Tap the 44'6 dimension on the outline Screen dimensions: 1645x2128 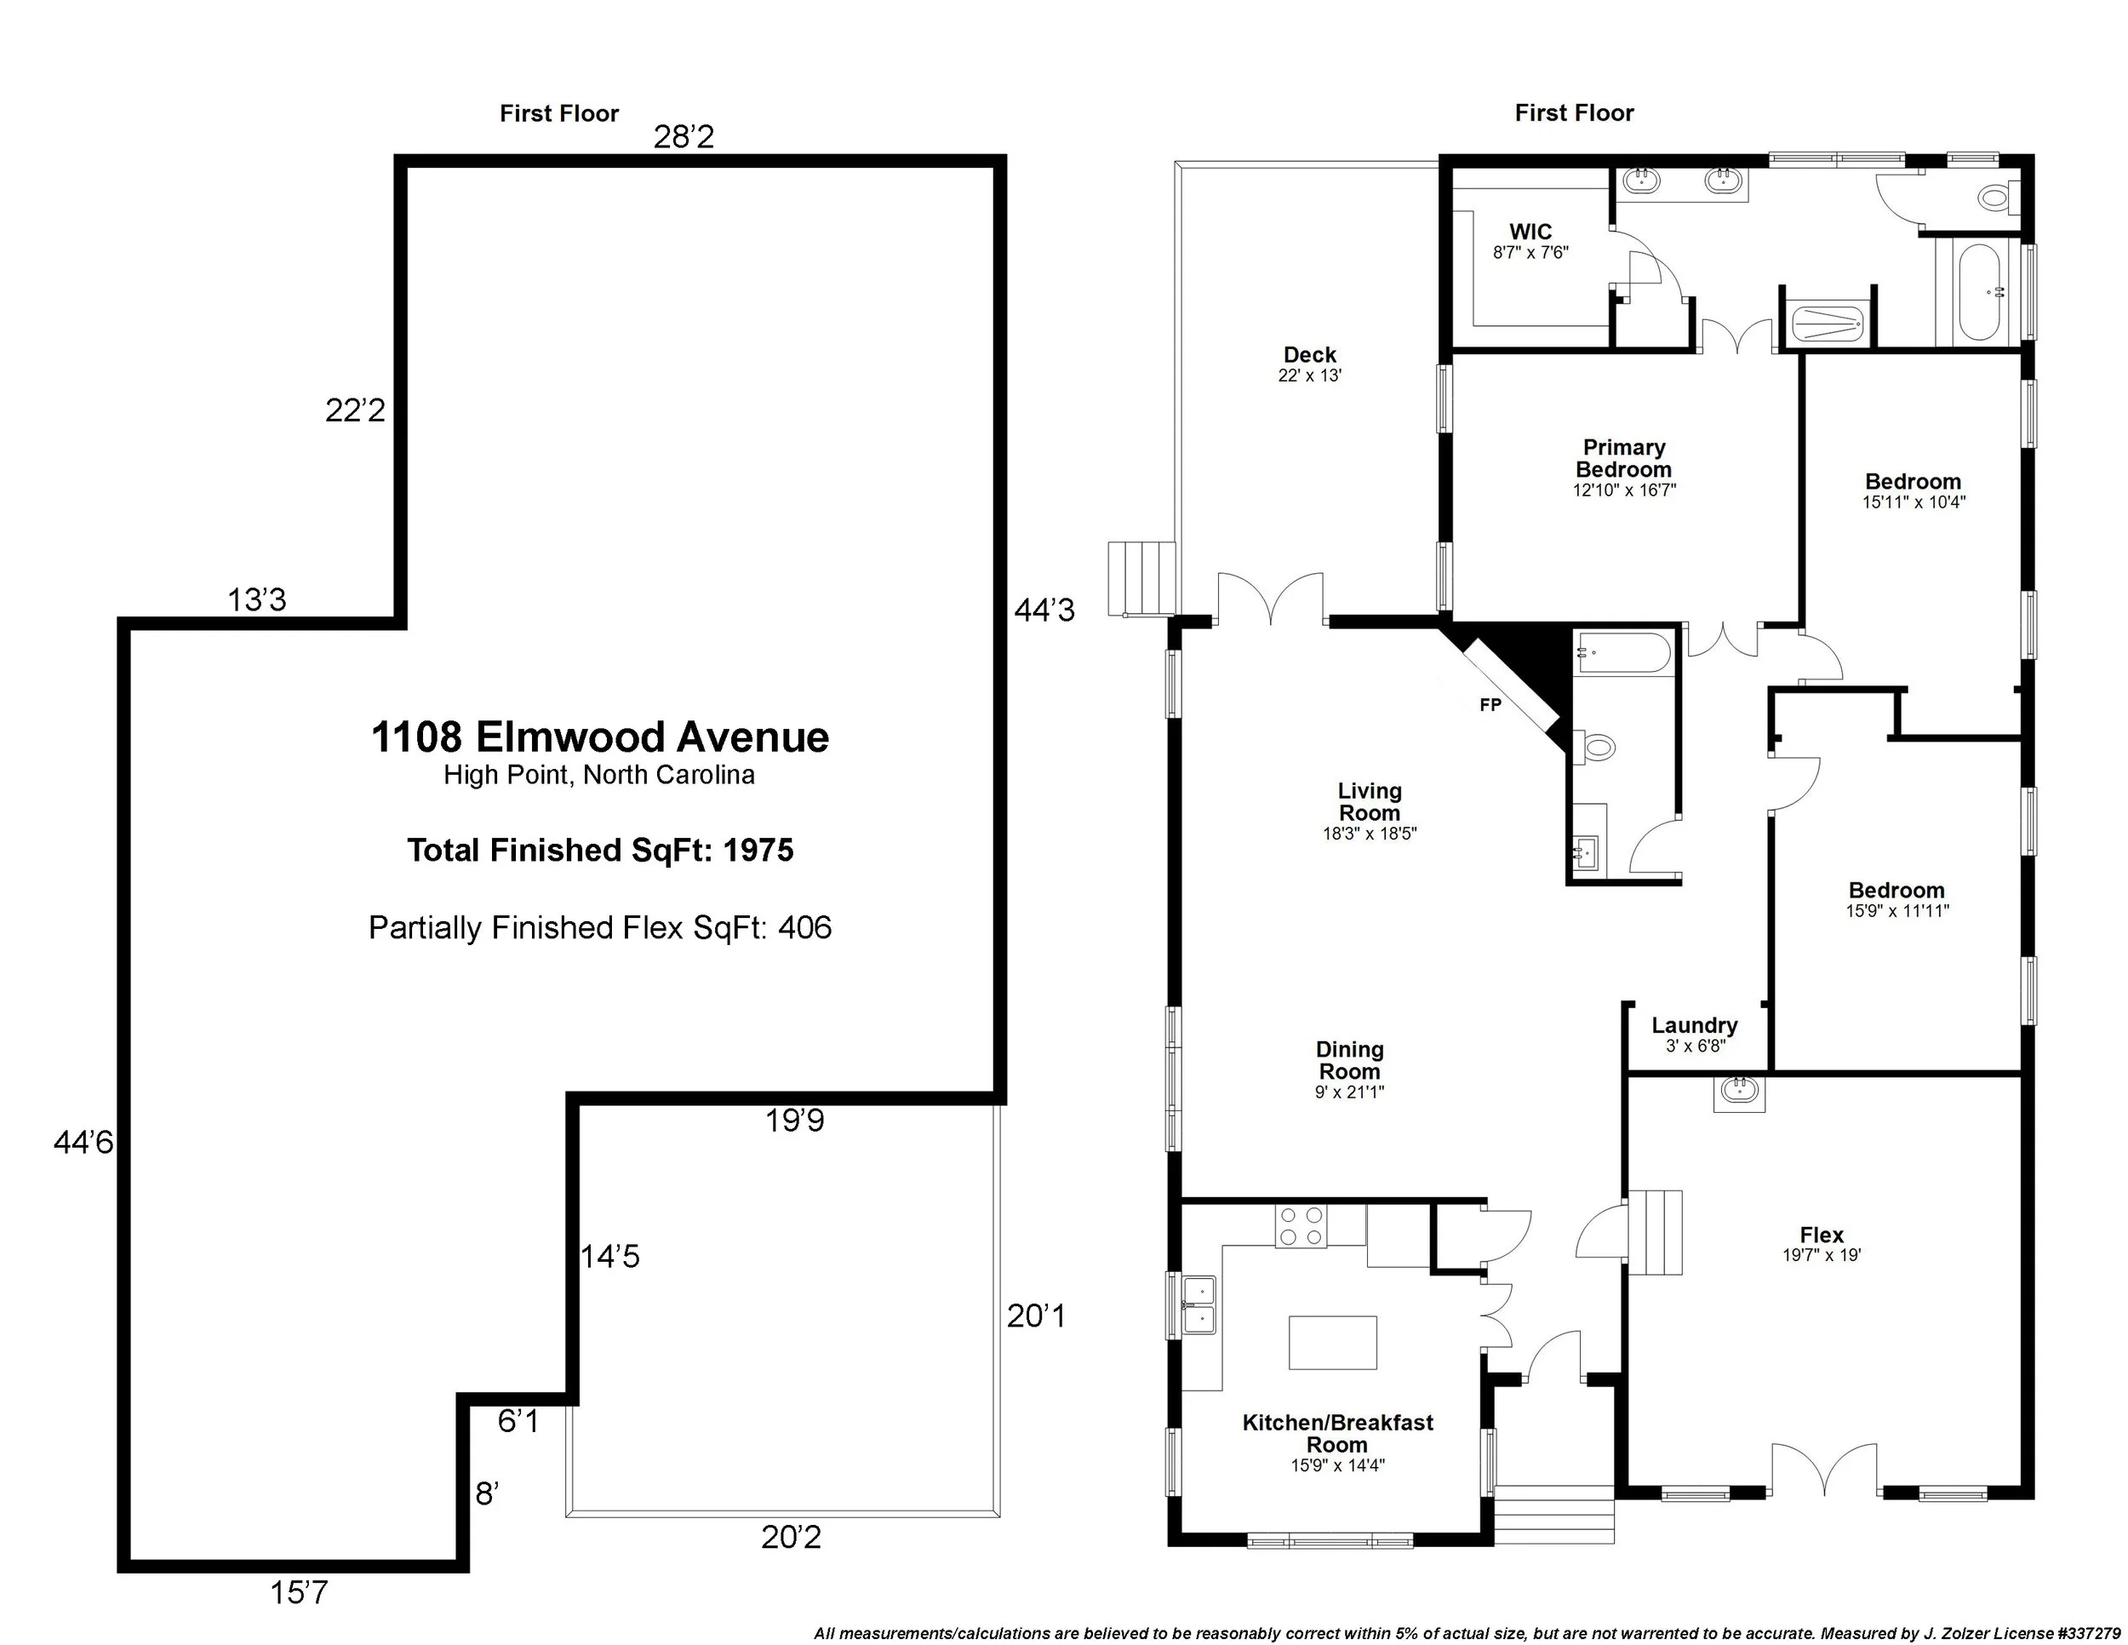[x=83, y=1142]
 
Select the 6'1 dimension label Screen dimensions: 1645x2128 [x=518, y=1422]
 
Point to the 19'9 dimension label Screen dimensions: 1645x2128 [x=794, y=1121]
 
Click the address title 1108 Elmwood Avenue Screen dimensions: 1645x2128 [x=599, y=737]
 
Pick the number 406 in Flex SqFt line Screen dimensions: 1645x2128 [x=805, y=928]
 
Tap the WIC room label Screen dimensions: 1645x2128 [x=1530, y=232]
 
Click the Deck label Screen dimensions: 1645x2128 [x=1309, y=355]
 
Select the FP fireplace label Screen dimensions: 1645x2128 [x=1490, y=706]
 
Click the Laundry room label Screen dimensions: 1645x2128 [x=1695, y=1025]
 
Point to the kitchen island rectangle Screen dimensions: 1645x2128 [x=1332, y=1343]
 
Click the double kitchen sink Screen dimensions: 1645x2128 [x=1199, y=1306]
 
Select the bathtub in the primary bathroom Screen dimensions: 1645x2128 [x=1979, y=292]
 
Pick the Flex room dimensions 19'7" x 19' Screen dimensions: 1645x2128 [x=1821, y=1256]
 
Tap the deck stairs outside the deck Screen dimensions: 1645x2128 [x=1142, y=578]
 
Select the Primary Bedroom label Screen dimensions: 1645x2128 [x=1623, y=458]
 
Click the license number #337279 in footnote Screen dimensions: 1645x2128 [x=2079, y=1633]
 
